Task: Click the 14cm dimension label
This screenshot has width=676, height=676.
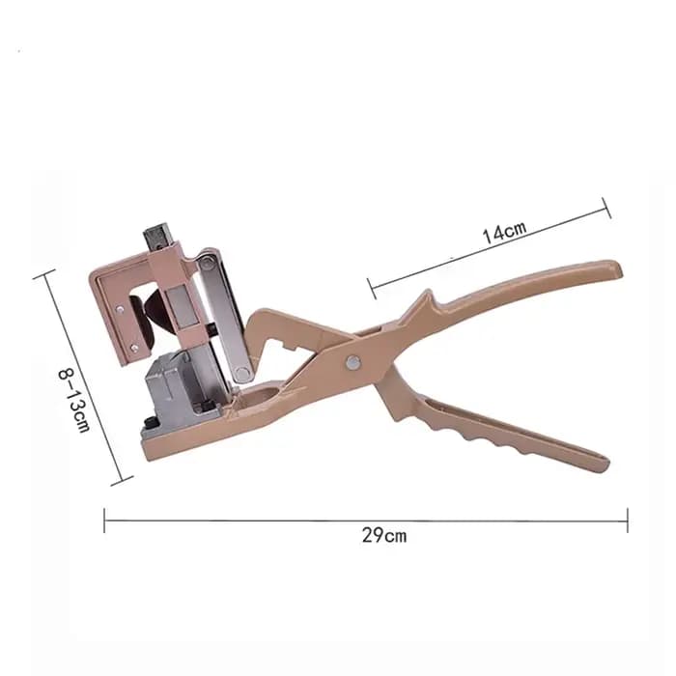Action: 504,233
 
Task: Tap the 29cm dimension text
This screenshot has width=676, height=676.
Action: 384,536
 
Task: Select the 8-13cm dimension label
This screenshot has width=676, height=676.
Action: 74,400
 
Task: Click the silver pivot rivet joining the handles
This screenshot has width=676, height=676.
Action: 353,362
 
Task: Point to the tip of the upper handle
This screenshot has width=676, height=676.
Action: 619,268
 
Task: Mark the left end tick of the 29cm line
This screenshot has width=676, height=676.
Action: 104,521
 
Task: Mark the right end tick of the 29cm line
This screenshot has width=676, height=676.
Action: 628,521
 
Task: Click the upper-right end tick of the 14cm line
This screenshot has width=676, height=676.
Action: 606,209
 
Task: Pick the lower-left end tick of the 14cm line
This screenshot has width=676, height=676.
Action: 372,289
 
